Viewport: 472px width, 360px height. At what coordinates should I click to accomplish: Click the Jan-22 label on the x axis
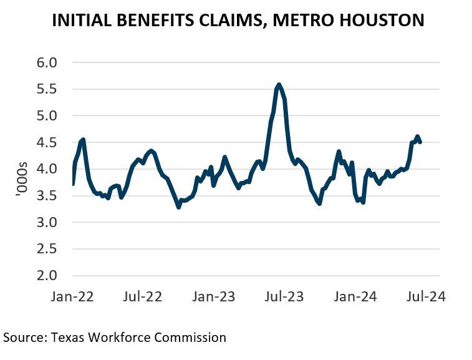[x=72, y=296]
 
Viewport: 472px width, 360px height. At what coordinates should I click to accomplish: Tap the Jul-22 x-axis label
[x=143, y=296]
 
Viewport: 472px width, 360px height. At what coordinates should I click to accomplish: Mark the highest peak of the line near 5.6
[x=278, y=84]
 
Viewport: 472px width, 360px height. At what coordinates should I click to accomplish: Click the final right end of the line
[x=420, y=142]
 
